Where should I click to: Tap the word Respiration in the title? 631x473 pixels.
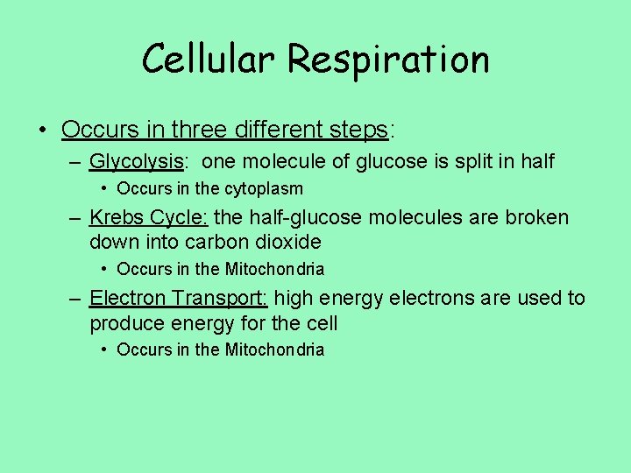pyautogui.click(x=387, y=60)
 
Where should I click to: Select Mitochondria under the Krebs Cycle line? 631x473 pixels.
pyautogui.click(x=274, y=269)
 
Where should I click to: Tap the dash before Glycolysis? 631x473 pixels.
pyautogui.click(x=76, y=162)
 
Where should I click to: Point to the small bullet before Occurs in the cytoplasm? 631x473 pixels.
pyautogui.click(x=104, y=188)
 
